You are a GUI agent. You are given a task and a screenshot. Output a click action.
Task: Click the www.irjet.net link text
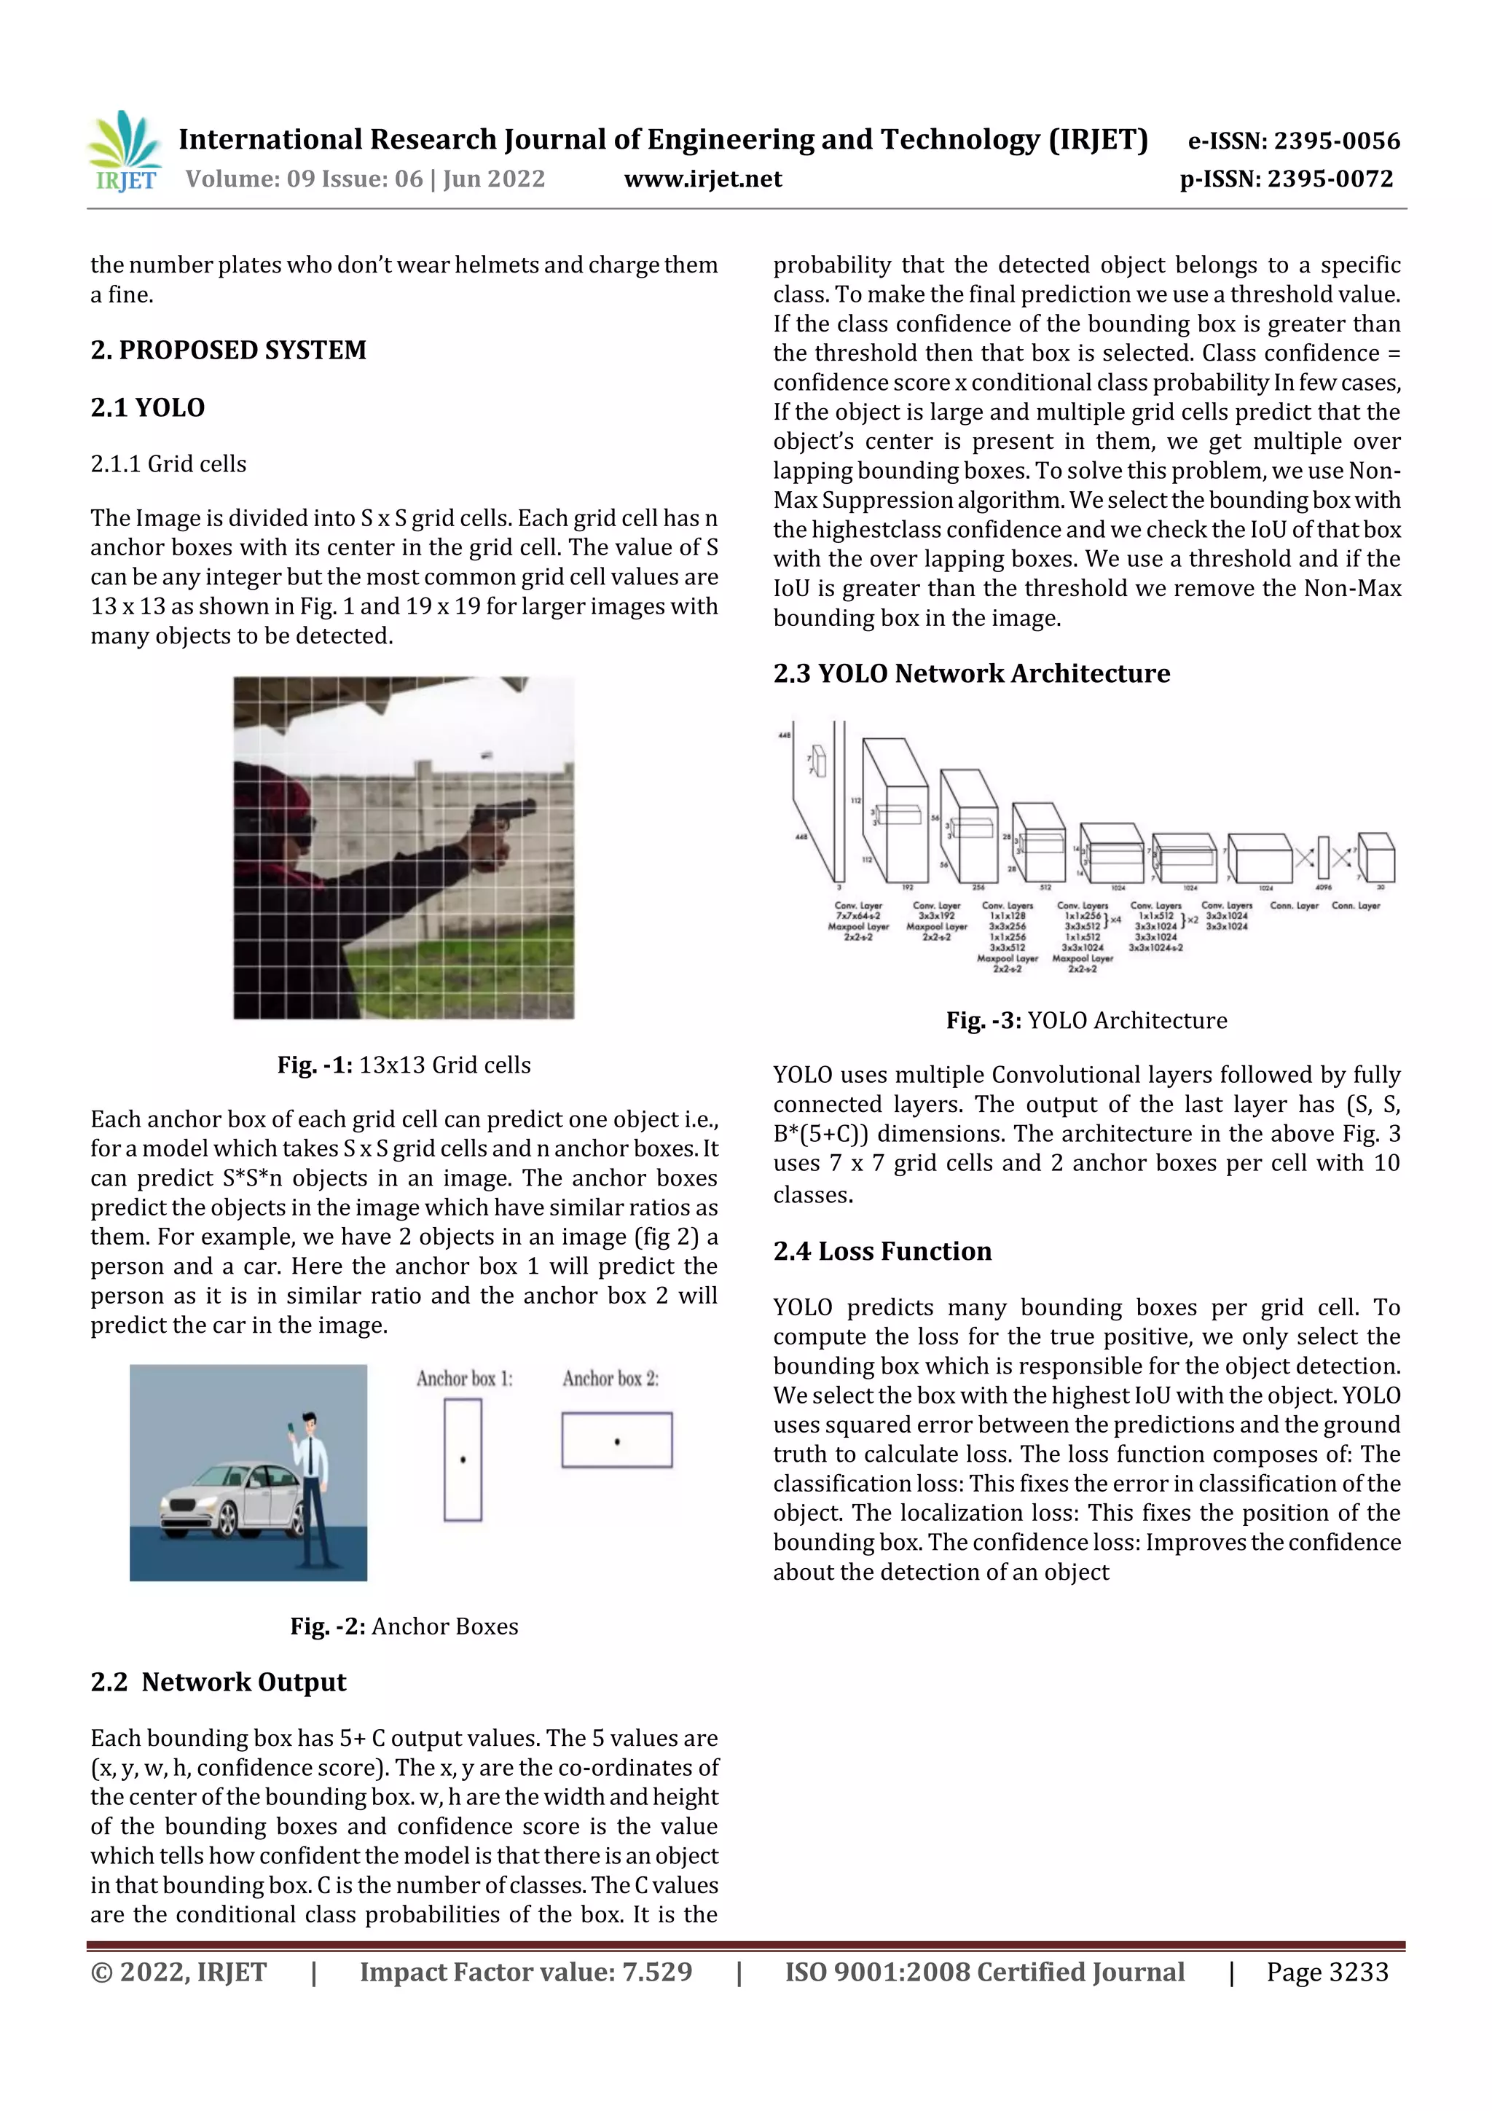coord(702,179)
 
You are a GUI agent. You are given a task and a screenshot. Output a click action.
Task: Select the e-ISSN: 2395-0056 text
coord(1293,141)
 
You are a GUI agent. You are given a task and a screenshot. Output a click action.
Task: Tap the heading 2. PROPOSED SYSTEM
coord(228,350)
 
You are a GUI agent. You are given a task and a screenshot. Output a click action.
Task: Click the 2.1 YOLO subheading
coord(147,407)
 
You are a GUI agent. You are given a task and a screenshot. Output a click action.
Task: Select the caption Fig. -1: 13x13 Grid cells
coord(404,1065)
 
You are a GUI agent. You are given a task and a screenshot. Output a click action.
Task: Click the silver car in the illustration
coord(229,1500)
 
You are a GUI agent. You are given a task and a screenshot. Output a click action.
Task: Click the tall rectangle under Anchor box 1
coord(463,1460)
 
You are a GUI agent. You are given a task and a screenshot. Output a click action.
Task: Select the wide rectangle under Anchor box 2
coord(617,1440)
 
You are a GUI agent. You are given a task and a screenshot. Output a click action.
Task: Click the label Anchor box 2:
coord(610,1378)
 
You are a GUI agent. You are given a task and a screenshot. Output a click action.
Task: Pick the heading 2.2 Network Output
coord(218,1682)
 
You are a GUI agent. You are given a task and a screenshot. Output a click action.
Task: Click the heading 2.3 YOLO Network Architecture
coord(971,673)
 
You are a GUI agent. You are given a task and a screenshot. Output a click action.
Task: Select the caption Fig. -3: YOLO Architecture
coord(1087,1021)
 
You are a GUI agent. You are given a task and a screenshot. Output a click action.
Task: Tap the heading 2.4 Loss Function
coord(882,1251)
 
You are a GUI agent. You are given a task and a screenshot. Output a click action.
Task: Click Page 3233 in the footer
coord(1327,1972)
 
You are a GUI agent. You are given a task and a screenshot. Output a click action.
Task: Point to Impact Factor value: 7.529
coord(526,1972)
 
